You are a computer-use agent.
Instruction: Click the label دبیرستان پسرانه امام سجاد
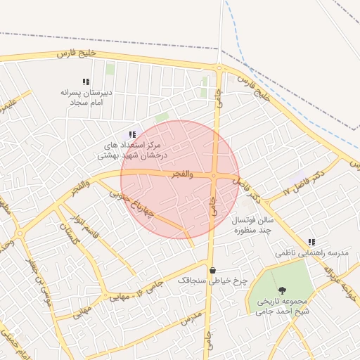86,97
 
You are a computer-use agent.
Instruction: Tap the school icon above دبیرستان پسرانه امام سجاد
86,82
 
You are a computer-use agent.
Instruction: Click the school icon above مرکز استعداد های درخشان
131,134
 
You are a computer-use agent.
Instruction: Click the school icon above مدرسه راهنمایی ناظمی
311,242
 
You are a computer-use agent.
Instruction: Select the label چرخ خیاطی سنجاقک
212,280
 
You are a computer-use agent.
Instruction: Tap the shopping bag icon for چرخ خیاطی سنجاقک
212,270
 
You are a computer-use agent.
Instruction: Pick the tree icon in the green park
282,290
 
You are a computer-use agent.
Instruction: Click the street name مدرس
191,319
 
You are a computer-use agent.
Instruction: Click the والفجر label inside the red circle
181,173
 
